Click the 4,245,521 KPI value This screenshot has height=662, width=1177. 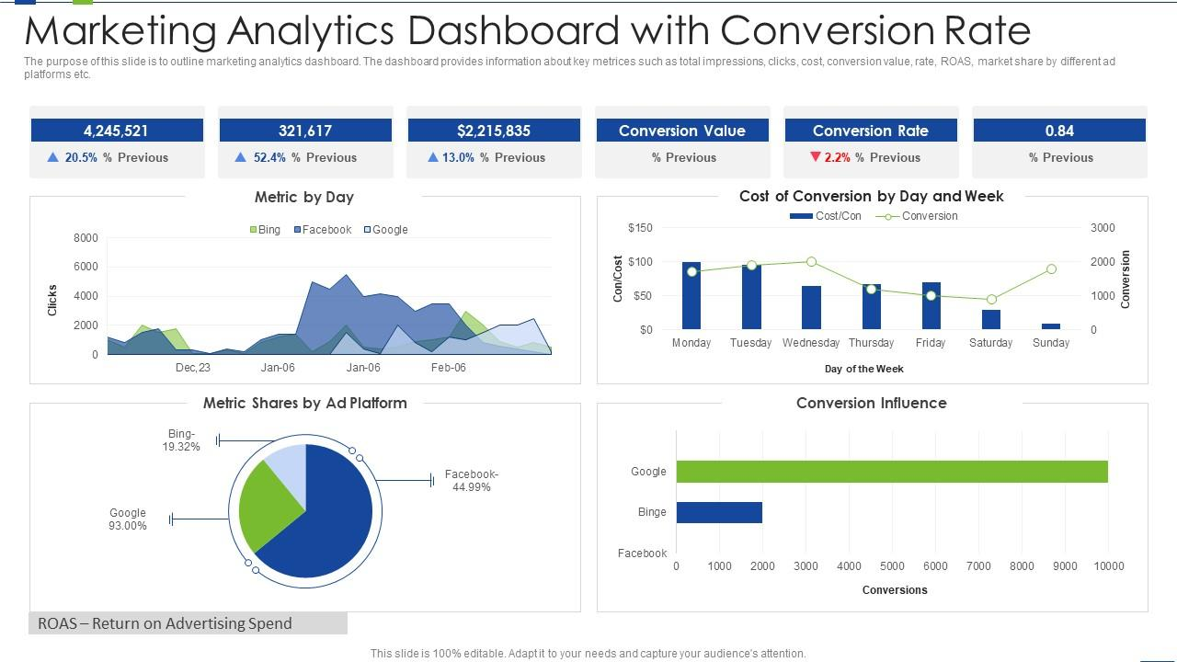[116, 131]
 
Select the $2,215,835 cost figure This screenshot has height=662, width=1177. [493, 131]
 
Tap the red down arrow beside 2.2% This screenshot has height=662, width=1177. [815, 157]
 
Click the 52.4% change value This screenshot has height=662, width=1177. [269, 157]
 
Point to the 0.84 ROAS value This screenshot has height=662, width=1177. [1059, 131]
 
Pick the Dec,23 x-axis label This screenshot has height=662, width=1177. [193, 368]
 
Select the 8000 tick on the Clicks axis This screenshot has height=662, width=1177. [85, 238]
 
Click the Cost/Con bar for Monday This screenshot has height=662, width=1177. [691, 296]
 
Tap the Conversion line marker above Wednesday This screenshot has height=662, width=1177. [811, 262]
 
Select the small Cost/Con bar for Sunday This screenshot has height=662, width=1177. [1051, 325]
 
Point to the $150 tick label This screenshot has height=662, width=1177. [640, 228]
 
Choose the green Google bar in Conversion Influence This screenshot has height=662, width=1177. [892, 472]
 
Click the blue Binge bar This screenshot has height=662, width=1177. [719, 512]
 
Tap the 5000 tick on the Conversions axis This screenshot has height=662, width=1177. [892, 566]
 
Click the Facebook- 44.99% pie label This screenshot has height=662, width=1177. [471, 481]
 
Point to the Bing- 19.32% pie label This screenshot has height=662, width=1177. [181, 440]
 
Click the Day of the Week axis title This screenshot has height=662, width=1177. [863, 369]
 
